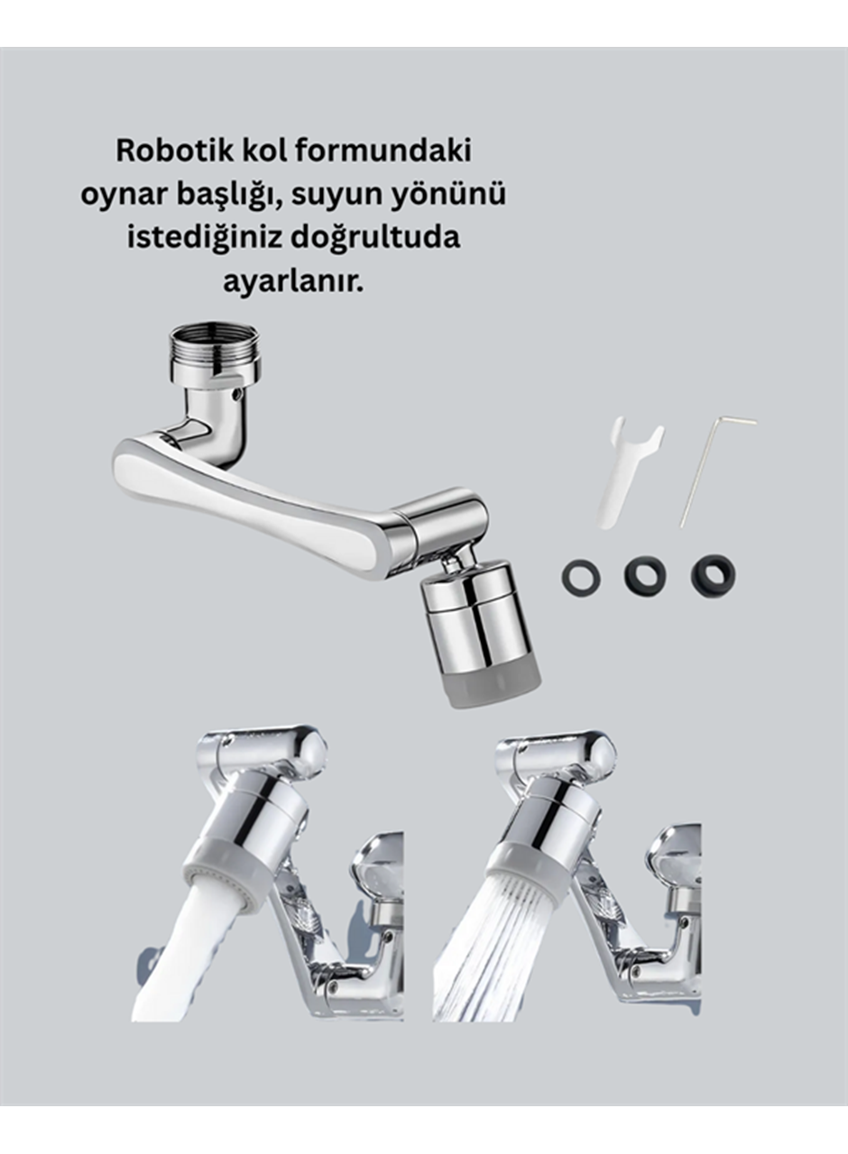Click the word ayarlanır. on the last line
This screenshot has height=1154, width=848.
tap(292, 281)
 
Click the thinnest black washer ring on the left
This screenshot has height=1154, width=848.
tap(582, 577)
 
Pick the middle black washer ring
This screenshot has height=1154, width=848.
tap(645, 575)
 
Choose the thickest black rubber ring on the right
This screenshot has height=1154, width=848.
tap(713, 575)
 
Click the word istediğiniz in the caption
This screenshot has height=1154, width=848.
tap(201, 238)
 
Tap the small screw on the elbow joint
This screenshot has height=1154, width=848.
tap(237, 394)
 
